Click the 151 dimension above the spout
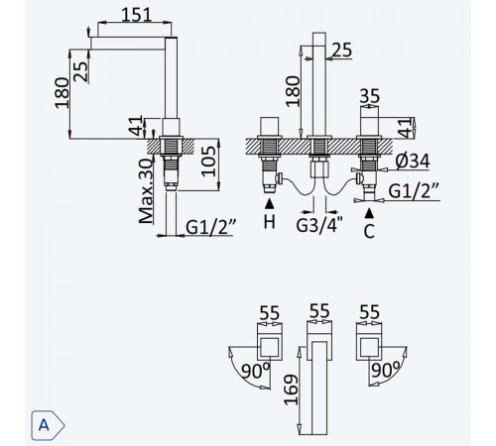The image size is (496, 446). pyautogui.click(x=136, y=15)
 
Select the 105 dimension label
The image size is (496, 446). pyautogui.click(x=208, y=162)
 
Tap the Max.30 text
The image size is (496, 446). pyautogui.click(x=146, y=191)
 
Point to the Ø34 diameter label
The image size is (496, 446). pyautogui.click(x=413, y=161)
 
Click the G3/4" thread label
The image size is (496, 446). pyautogui.click(x=319, y=225)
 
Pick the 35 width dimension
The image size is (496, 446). pyautogui.click(x=370, y=96)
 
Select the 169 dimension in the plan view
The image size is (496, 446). pyautogui.click(x=291, y=390)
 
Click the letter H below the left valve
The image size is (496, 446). pyautogui.click(x=270, y=221)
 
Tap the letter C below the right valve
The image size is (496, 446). pyautogui.click(x=369, y=231)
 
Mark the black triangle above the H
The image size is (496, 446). pyautogui.click(x=270, y=204)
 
